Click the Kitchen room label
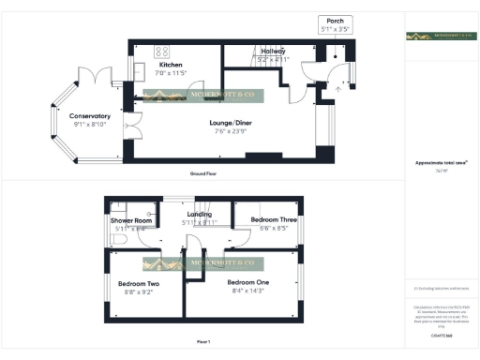(x=171, y=65)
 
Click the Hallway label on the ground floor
(x=273, y=51)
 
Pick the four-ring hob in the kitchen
(x=160, y=51)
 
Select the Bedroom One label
(x=248, y=282)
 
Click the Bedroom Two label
(x=138, y=283)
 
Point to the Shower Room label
(x=131, y=220)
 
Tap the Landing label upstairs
(x=199, y=215)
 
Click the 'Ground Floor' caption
(x=202, y=174)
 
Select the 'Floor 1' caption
(x=202, y=341)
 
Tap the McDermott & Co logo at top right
(x=440, y=37)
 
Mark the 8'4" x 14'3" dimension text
(x=248, y=292)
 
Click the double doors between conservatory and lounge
(x=131, y=124)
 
